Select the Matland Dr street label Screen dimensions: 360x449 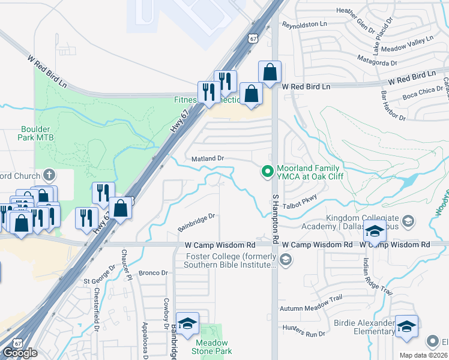coord(208,158)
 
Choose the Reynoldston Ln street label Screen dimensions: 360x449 coord(306,26)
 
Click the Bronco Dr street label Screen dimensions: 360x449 coord(153,273)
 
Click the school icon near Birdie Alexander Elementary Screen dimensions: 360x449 coord(406,326)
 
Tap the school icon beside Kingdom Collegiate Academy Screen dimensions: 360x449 coord(375,231)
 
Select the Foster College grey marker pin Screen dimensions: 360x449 coord(286,260)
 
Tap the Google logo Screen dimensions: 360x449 coord(20,353)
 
